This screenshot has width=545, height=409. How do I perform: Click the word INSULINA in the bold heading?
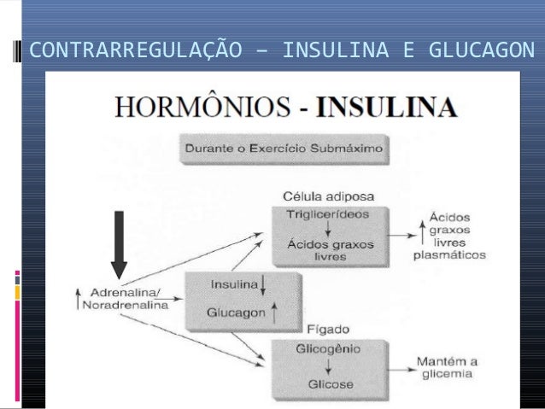tap(387, 109)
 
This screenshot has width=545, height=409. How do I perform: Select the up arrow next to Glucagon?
tap(274, 313)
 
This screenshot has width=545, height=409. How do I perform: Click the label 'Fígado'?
tap(320, 330)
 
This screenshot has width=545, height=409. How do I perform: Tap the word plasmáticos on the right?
tap(448, 254)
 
